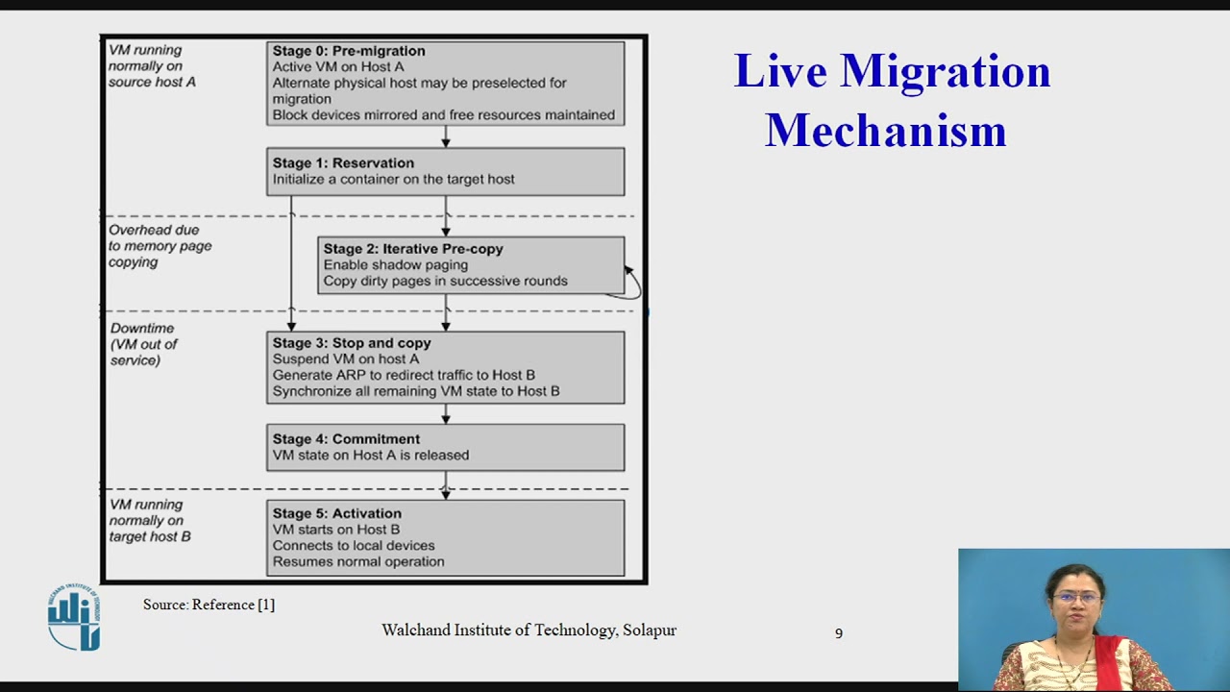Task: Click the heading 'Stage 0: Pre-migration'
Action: point(348,51)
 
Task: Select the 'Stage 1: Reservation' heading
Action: point(343,163)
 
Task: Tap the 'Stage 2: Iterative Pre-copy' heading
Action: point(413,249)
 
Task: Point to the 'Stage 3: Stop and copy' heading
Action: point(352,343)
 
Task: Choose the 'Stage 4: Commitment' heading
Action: point(346,439)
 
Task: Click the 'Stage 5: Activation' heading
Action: point(336,513)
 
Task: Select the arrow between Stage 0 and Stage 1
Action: point(446,136)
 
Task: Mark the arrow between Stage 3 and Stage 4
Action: point(446,414)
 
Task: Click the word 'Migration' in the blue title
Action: point(945,72)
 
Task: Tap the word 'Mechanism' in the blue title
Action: point(885,131)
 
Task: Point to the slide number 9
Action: point(839,633)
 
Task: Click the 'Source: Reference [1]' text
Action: point(209,605)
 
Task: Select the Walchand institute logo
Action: point(73,617)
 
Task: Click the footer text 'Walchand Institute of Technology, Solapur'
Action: point(529,630)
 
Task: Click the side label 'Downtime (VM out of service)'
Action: point(144,344)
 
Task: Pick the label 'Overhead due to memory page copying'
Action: point(160,246)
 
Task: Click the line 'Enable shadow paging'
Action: point(395,265)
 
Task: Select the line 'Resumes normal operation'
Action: point(357,562)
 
